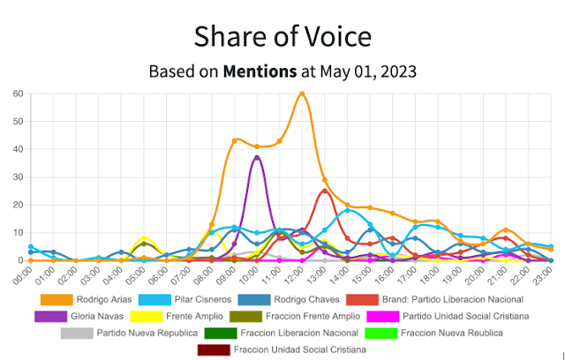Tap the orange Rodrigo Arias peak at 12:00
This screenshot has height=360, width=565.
click(302, 94)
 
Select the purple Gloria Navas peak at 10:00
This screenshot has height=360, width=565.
click(257, 158)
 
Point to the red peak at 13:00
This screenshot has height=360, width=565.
click(325, 191)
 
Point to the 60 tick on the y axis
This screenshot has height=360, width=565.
click(18, 94)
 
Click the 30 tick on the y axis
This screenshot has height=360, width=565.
click(18, 177)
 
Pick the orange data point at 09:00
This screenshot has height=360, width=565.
click(235, 141)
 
